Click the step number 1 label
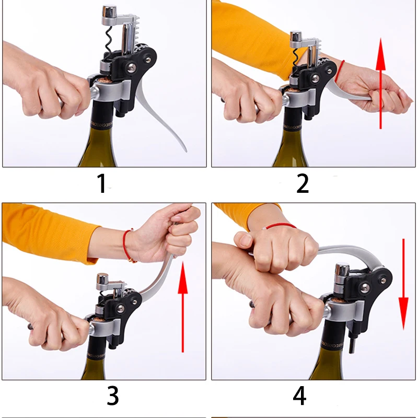pos(102,183)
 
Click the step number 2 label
pos(303,183)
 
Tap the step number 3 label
pos(112,396)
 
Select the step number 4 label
pos(299,396)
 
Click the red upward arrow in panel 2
pos(381,84)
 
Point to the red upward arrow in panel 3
pos(182,307)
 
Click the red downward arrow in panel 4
pos(403,284)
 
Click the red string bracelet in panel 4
pos(280,226)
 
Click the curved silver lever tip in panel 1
pos(185,150)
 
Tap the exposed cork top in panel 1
pos(104,79)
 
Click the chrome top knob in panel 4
pos(342,270)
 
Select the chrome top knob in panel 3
pos(102,280)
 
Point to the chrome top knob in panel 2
pos(296,37)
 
